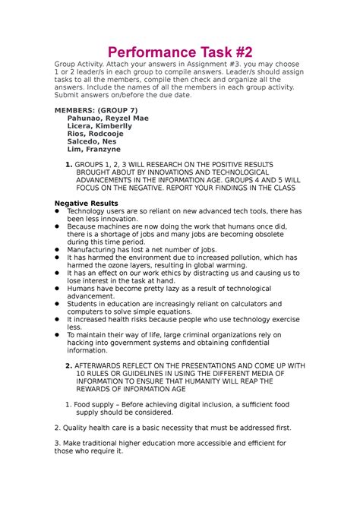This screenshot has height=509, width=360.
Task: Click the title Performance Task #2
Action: [179, 52]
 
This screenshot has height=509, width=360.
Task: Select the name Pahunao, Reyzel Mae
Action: [108, 119]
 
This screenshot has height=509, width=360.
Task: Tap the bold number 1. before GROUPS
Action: [69, 166]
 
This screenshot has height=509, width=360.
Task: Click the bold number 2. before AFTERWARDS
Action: [69, 365]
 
